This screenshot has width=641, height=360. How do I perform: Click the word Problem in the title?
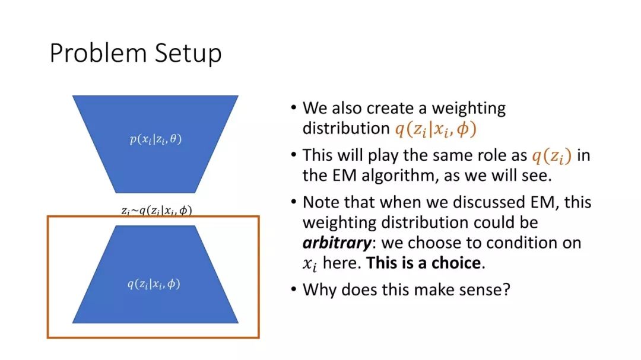click(x=98, y=53)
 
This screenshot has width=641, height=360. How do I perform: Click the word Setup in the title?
click(x=189, y=54)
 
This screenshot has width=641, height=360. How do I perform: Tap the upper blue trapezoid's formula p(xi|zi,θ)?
click(x=156, y=139)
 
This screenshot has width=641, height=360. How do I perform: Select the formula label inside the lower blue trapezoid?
click(x=154, y=283)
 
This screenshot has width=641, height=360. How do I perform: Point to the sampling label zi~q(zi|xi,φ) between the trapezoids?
click(x=157, y=211)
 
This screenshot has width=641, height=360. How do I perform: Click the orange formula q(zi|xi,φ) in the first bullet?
click(x=436, y=129)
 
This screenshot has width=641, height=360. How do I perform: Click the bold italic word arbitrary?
click(x=337, y=243)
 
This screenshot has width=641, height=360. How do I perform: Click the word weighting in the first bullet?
click(x=469, y=109)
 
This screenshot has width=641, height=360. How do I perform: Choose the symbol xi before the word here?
click(x=309, y=264)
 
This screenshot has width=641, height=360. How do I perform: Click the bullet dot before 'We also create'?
click(x=294, y=108)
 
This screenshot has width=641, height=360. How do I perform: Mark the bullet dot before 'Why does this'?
click(x=294, y=289)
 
